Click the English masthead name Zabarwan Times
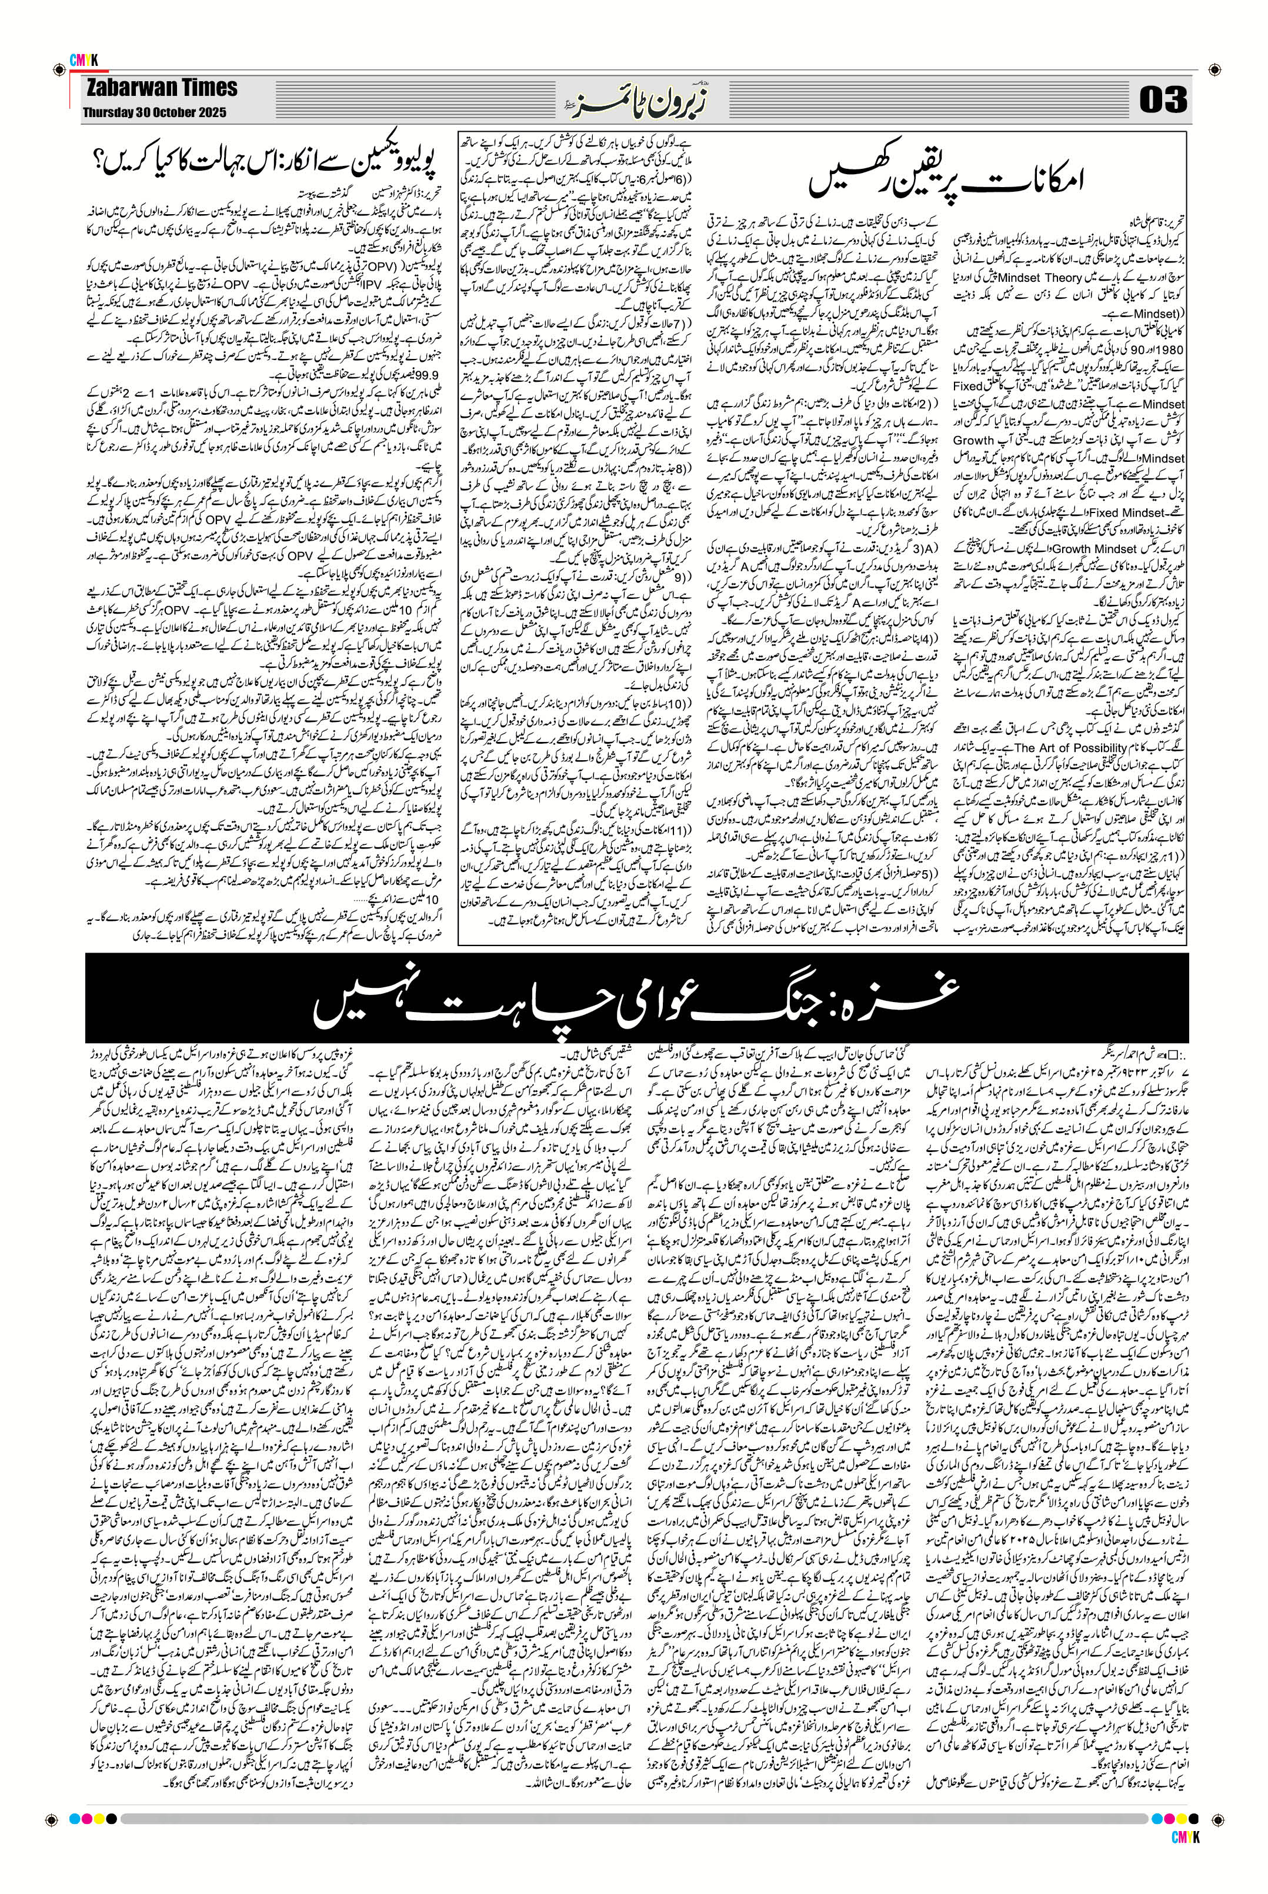[159, 88]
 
